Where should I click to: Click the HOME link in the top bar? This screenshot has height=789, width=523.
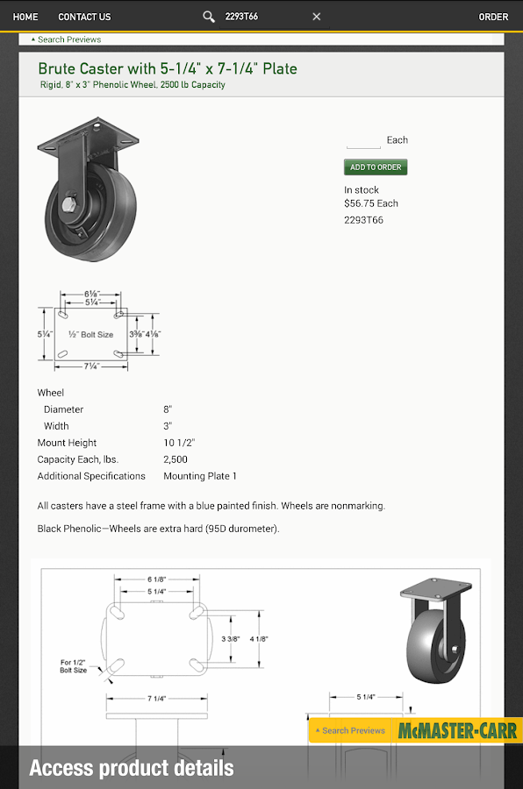[25, 17]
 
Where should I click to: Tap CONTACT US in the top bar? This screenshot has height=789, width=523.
[84, 17]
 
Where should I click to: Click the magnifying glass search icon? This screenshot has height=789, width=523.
[209, 17]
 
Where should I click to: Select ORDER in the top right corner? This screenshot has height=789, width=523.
[493, 17]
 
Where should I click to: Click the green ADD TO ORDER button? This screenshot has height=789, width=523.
[376, 167]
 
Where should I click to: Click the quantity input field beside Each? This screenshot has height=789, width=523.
[363, 140]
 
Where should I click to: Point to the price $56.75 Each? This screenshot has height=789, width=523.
[371, 203]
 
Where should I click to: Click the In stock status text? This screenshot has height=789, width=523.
[362, 189]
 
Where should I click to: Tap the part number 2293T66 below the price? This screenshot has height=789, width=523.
[363, 220]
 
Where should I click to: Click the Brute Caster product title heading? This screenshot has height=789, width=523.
[168, 68]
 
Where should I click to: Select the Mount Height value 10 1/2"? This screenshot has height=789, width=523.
[179, 443]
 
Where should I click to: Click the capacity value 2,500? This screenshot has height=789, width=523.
[176, 459]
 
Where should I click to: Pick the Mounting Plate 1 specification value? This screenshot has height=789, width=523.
[200, 476]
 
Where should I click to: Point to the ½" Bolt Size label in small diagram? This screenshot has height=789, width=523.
[90, 334]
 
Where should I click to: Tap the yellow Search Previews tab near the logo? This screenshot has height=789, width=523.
[351, 730]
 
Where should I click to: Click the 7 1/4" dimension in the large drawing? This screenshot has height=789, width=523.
[157, 699]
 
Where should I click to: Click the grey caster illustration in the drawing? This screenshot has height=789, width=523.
[435, 631]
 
